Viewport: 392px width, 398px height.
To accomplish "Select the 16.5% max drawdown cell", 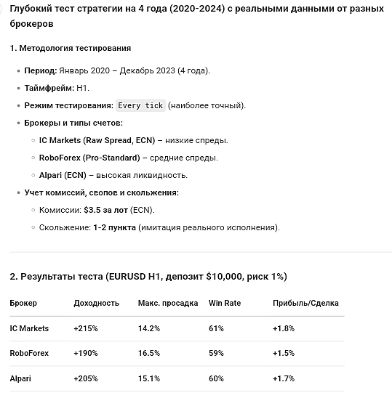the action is pyautogui.click(x=148, y=354).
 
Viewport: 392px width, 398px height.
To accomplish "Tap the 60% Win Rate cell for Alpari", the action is pyautogui.click(x=216, y=378).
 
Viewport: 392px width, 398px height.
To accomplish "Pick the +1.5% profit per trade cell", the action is pyautogui.click(x=284, y=354).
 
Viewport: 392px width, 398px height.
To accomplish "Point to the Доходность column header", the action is pyautogui.click(x=97, y=303).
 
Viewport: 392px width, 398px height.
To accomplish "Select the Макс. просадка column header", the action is pyautogui.click(x=168, y=303).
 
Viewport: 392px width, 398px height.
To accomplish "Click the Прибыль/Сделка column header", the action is pyautogui.click(x=305, y=303).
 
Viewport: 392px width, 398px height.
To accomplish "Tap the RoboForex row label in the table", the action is pyautogui.click(x=29, y=354).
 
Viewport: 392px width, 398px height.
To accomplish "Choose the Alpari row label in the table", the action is pyautogui.click(x=22, y=378).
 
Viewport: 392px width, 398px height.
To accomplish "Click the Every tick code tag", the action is pyautogui.click(x=140, y=105).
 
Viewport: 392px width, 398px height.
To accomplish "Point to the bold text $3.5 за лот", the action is pyautogui.click(x=105, y=210).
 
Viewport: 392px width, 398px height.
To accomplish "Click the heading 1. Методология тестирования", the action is pyautogui.click(x=71, y=48).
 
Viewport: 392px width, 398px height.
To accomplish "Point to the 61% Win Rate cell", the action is pyautogui.click(x=216, y=328).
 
